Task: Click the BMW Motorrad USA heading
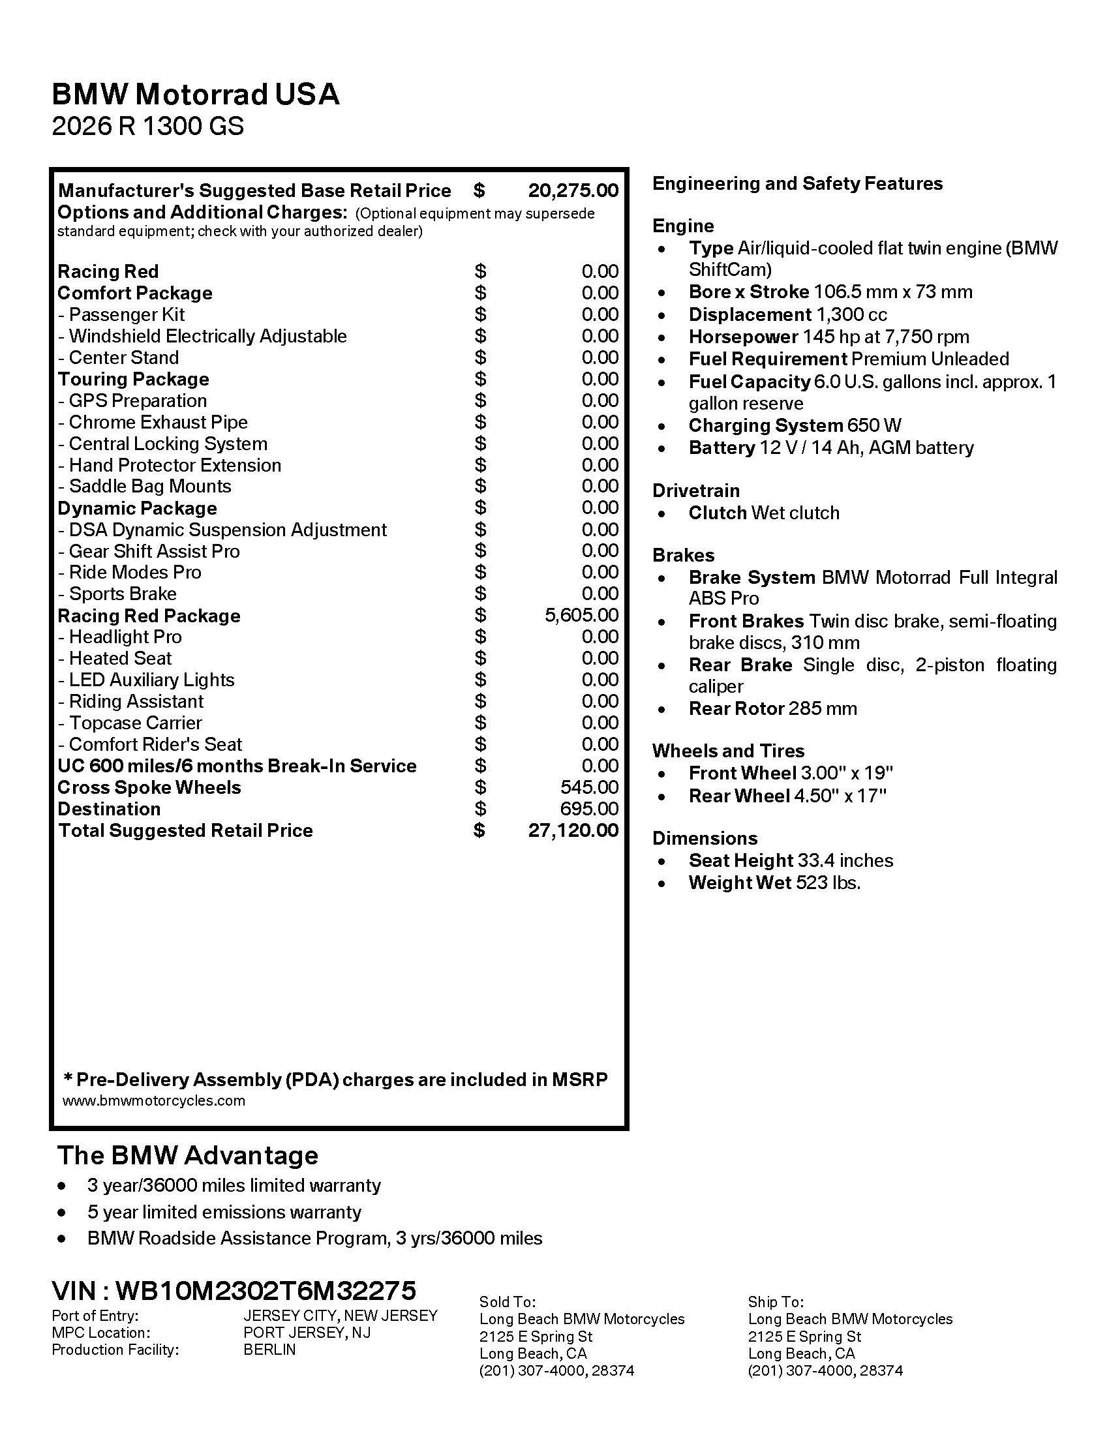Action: pyautogui.click(x=195, y=95)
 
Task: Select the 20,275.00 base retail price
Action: pyautogui.click(x=573, y=190)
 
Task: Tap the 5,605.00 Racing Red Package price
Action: pyautogui.click(x=581, y=615)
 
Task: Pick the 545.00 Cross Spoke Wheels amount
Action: pyautogui.click(x=589, y=787)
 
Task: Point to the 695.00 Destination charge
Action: pyautogui.click(x=589, y=809)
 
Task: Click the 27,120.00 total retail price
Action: pyautogui.click(x=573, y=830)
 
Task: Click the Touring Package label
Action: pyautogui.click(x=133, y=379)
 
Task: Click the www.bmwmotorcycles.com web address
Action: pyautogui.click(x=154, y=1100)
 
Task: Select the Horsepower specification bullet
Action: pyautogui.click(x=828, y=337)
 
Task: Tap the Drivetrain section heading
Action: pyautogui.click(x=696, y=491)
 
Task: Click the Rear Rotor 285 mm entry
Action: pyautogui.click(x=772, y=709)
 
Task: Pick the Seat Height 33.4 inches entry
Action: pyautogui.click(x=791, y=861)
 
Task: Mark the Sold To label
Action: pyautogui.click(x=507, y=1302)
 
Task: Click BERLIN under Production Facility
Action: pyautogui.click(x=269, y=1350)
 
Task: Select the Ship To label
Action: pyautogui.click(x=775, y=1302)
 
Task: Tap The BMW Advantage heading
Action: pyautogui.click(x=187, y=1155)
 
